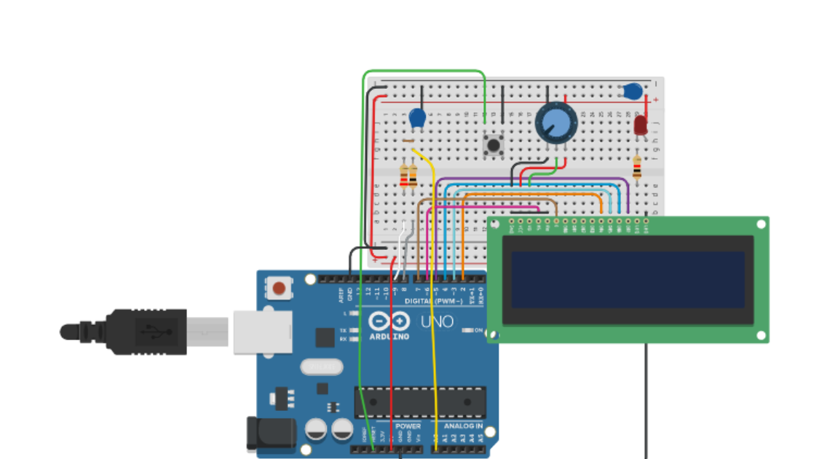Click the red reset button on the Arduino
279,289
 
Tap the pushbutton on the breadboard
494,144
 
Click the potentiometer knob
555,122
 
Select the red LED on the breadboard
640,125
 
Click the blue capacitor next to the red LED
632,92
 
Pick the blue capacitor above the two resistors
417,117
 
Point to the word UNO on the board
437,321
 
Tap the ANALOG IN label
463,425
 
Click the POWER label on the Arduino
408,425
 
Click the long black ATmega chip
420,402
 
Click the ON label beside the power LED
478,330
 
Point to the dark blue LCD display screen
628,280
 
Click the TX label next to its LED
343,330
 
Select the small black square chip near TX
325,337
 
